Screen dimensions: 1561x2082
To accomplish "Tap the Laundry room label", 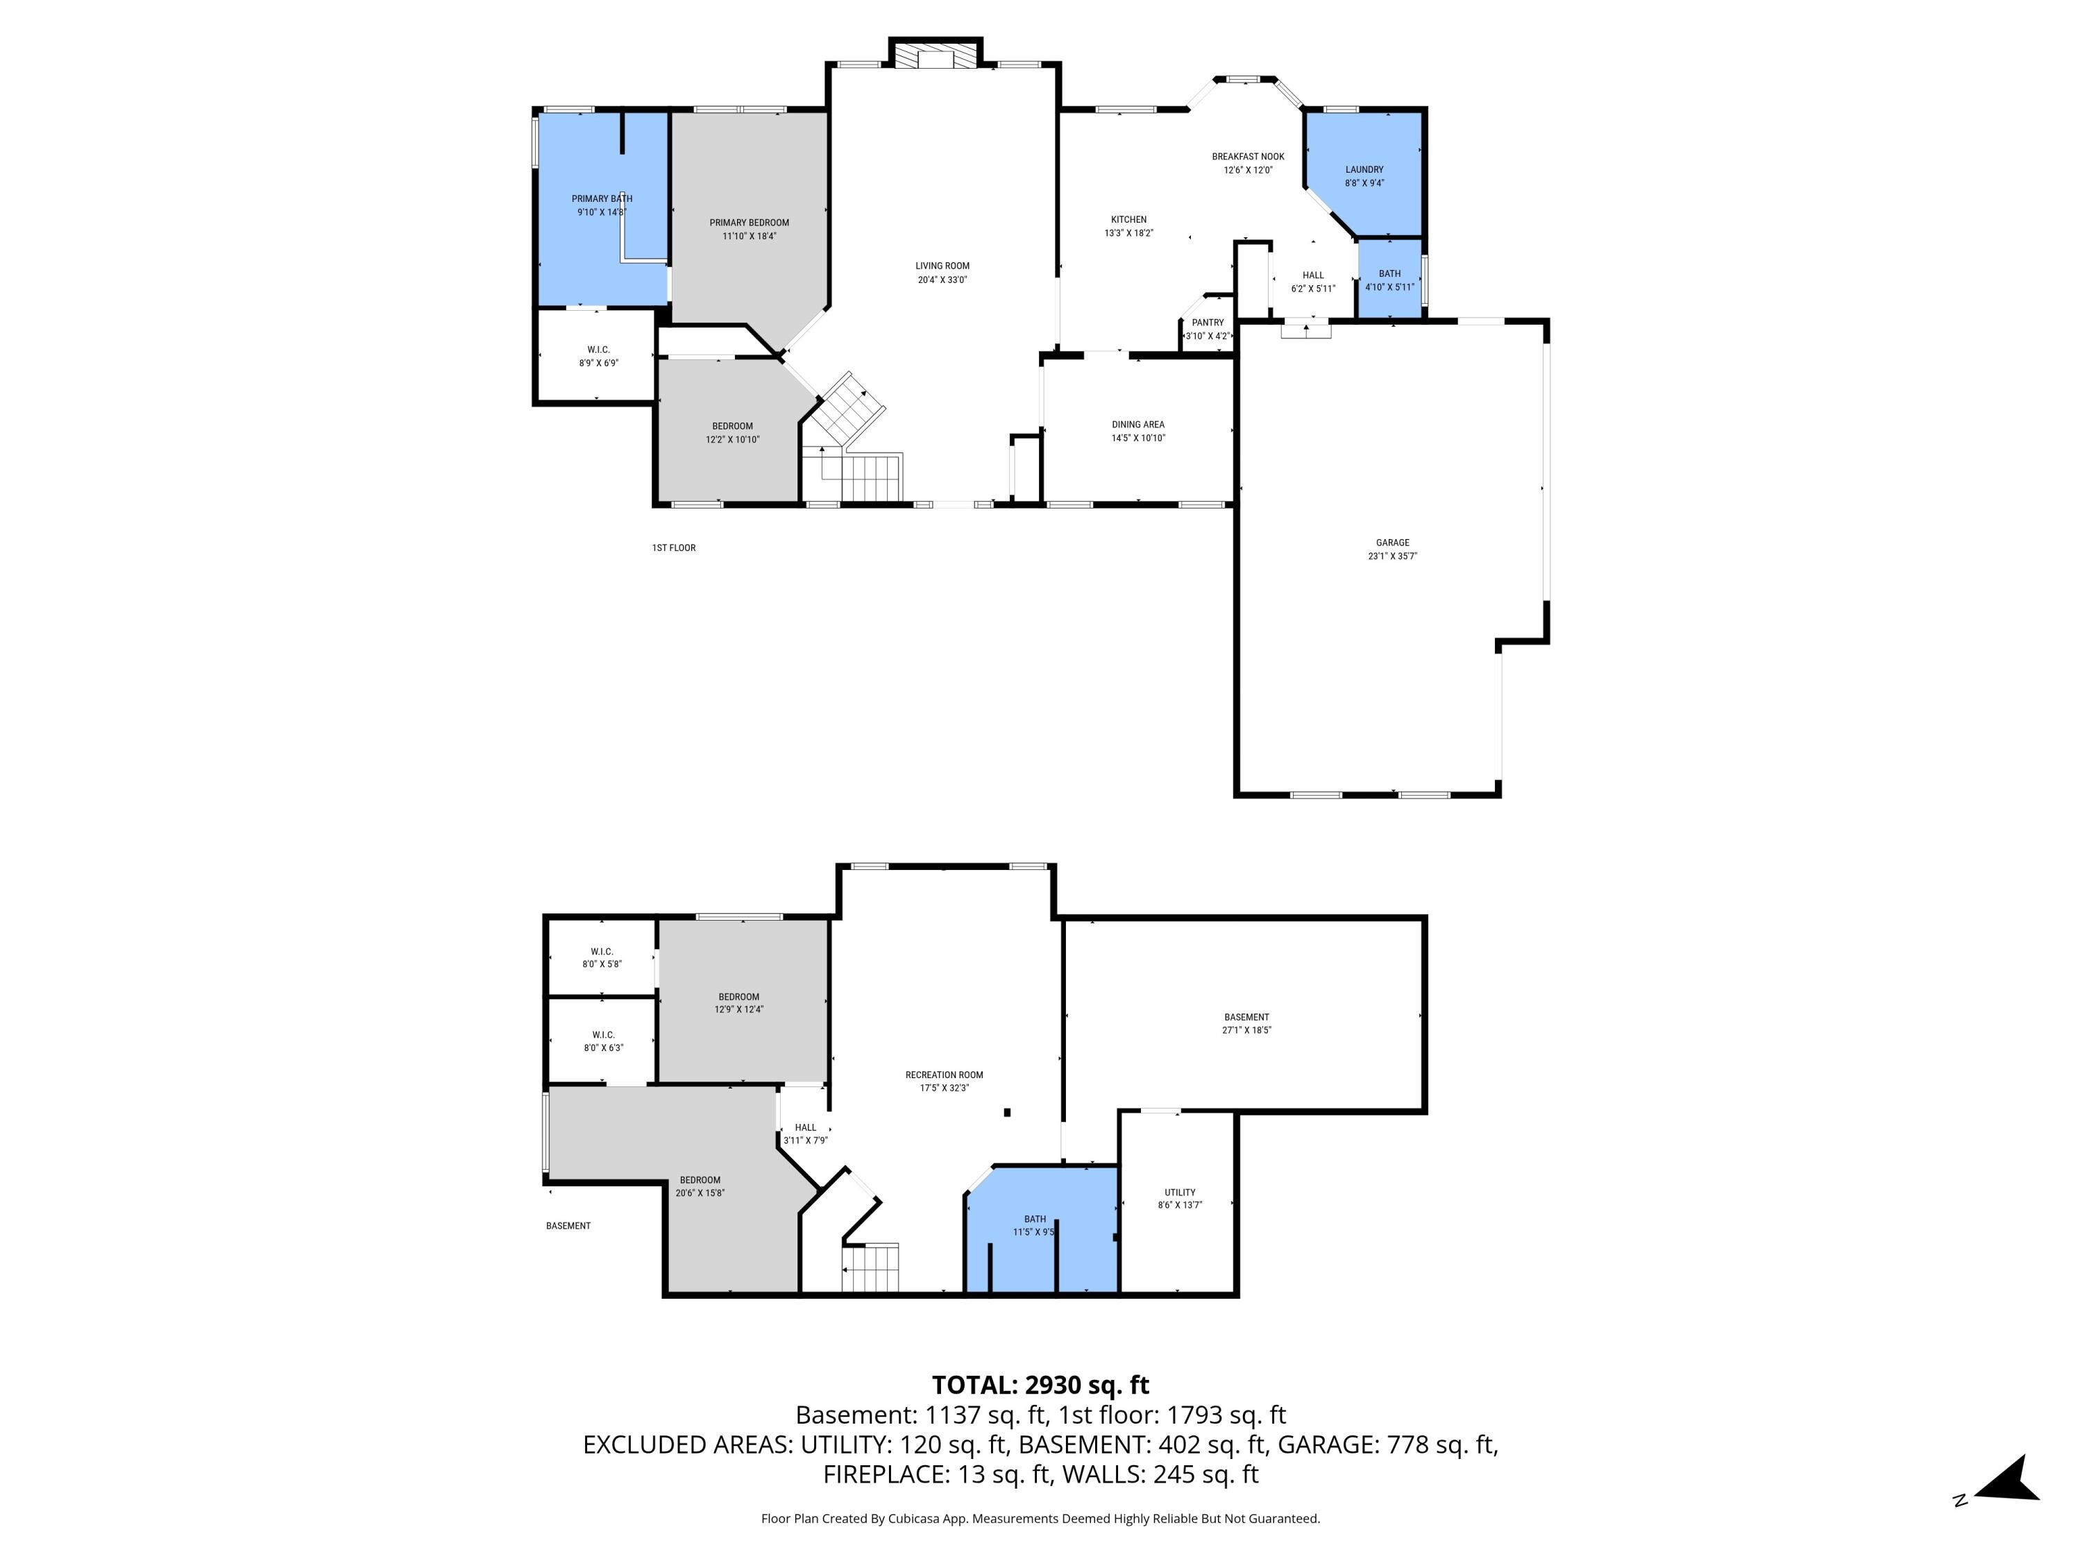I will point(1364,170).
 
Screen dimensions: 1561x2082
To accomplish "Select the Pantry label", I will point(1208,323).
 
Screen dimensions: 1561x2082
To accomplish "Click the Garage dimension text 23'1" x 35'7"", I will point(1392,556).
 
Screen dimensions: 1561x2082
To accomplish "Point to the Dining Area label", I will point(1138,425).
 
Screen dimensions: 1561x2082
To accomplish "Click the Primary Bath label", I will point(602,198).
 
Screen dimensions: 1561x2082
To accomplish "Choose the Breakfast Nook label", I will point(1247,157).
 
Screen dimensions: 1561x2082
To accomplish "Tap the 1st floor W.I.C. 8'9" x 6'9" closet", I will point(598,357).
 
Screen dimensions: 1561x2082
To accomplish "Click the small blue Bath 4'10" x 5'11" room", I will point(1389,280).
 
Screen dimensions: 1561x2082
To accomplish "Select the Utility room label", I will point(1179,1192).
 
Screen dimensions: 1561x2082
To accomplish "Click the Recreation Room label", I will point(944,1075).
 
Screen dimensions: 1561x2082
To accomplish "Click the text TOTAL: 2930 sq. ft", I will point(1040,1385).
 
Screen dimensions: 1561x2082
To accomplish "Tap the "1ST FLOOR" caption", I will point(674,547).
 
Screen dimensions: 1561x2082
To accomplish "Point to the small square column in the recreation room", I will point(1007,1112).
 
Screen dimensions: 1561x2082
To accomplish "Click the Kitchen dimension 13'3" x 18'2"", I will point(1128,233).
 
